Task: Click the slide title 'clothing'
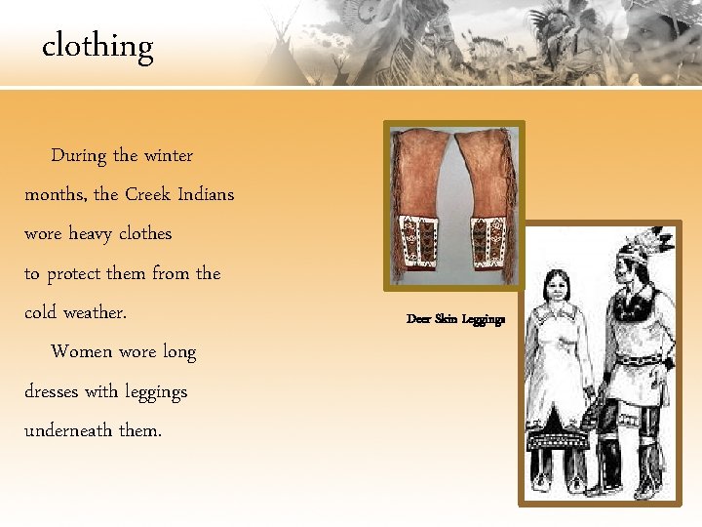click(97, 46)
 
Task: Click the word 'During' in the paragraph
click(79, 155)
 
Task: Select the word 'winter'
click(169, 155)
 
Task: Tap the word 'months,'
click(56, 194)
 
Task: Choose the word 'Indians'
click(206, 194)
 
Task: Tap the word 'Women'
click(81, 351)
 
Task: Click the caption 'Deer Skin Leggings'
click(455, 319)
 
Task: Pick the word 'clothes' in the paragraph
click(145, 234)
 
